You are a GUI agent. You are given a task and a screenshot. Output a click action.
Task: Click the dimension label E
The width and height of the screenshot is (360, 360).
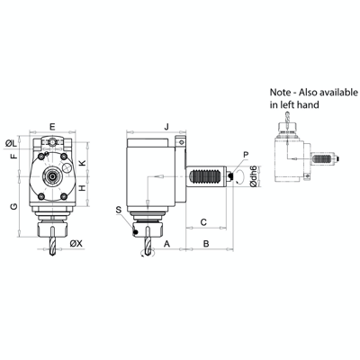54,126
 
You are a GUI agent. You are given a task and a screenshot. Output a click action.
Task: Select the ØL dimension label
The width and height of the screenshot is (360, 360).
12,143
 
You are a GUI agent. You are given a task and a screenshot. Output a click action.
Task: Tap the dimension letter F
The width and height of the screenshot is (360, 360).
13,157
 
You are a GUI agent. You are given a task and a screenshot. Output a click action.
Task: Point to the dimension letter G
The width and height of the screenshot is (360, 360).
13,207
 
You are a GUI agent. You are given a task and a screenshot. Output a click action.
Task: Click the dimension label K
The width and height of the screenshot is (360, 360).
82,163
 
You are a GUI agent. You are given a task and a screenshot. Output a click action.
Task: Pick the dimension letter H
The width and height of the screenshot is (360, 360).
82,187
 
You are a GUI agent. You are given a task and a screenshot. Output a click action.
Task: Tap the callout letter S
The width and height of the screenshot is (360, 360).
118,210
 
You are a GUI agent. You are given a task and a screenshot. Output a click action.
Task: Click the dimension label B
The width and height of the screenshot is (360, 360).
205,243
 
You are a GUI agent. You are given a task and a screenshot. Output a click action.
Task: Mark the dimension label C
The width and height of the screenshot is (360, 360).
203,220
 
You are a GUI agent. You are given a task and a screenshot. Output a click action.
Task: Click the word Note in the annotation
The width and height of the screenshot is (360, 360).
283,93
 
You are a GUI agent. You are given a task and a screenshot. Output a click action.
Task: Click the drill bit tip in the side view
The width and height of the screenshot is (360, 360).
145,253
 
